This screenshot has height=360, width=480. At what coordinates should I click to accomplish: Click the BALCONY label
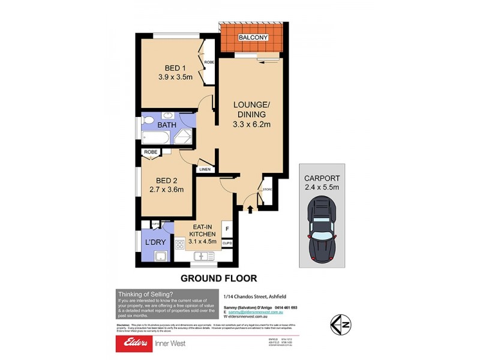point(253,38)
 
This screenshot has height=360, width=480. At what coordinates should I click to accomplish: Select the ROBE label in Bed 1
point(209,62)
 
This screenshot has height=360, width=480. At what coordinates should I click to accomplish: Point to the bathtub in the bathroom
point(155,139)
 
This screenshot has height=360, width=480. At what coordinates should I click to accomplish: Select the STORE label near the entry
point(267,191)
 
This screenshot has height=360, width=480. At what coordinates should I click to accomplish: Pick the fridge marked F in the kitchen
point(227,229)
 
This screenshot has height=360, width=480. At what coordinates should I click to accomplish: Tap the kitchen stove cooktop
point(179,245)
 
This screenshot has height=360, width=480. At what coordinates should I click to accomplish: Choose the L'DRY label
point(155,242)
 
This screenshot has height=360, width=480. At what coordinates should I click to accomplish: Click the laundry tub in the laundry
point(160,257)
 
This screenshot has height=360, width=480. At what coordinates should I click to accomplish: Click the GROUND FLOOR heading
point(219,278)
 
